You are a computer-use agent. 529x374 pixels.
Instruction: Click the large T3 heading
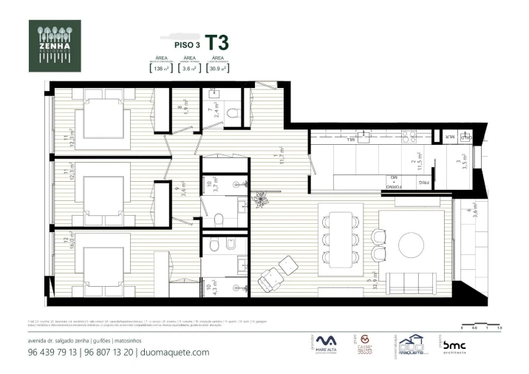pos(217,41)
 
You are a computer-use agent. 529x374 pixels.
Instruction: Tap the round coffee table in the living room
pos(410,243)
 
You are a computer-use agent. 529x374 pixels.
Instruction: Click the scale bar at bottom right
pos(481,324)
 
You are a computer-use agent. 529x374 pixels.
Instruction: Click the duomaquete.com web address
pos(174,353)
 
